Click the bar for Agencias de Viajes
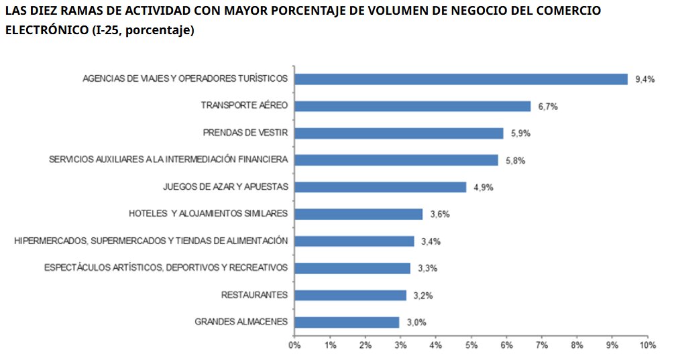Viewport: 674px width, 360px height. [x=461, y=79]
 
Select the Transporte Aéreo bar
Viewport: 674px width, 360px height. [x=412, y=106]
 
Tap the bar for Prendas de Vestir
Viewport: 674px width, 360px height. [x=398, y=133]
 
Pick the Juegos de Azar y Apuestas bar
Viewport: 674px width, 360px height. [x=380, y=187]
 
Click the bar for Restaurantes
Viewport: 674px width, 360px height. [x=350, y=295]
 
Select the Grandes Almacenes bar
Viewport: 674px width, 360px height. [x=347, y=322]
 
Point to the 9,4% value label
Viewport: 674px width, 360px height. [x=644, y=79]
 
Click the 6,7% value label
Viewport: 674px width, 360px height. [x=548, y=107]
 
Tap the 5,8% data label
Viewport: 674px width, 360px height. [x=516, y=160]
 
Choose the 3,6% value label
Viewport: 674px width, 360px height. [x=439, y=215]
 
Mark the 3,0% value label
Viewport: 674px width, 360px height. [x=416, y=322]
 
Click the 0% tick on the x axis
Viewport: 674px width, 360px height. [x=294, y=345]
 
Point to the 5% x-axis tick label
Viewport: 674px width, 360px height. [x=471, y=345]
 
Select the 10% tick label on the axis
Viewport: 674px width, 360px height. [x=647, y=345]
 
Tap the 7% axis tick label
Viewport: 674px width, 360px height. [x=542, y=345]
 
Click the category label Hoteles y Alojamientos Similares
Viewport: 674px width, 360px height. [x=208, y=214]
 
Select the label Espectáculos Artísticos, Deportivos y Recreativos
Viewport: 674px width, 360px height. [x=166, y=267]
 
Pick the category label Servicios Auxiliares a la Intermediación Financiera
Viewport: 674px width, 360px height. [x=168, y=160]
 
